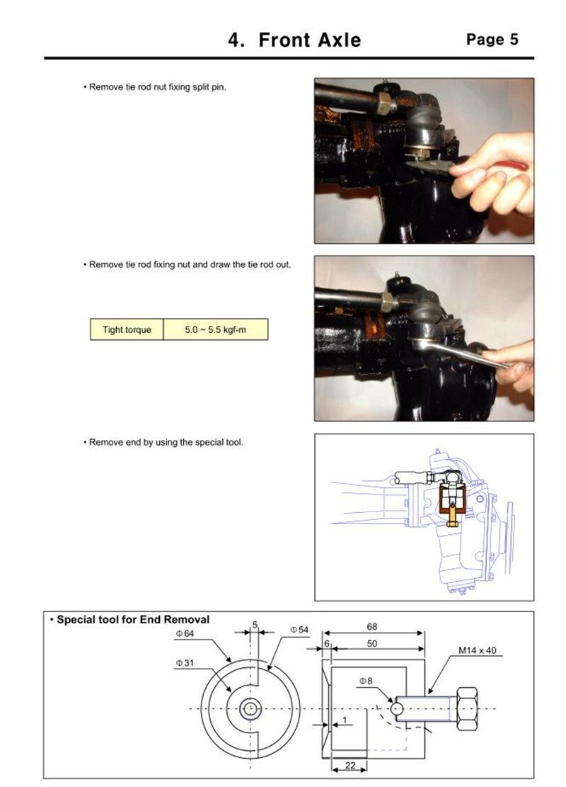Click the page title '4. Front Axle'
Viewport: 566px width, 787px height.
point(294,40)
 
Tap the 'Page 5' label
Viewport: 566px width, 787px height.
point(492,40)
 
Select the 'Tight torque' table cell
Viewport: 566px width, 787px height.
point(127,329)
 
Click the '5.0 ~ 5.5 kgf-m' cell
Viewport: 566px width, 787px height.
point(215,329)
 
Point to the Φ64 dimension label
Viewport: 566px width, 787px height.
point(185,633)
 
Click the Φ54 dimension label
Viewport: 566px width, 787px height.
point(299,629)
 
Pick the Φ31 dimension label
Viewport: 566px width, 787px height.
point(185,663)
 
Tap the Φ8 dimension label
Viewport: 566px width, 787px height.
point(365,681)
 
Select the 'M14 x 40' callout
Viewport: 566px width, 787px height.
point(477,650)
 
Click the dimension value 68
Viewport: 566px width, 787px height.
point(372,626)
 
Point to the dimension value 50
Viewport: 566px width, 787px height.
point(372,643)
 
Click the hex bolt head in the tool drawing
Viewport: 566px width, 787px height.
point(470,708)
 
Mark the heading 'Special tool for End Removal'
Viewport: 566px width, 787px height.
point(132,620)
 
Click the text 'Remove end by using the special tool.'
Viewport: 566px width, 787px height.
point(166,442)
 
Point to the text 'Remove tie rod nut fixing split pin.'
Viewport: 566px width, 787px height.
point(157,86)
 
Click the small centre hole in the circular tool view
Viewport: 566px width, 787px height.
point(250,708)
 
